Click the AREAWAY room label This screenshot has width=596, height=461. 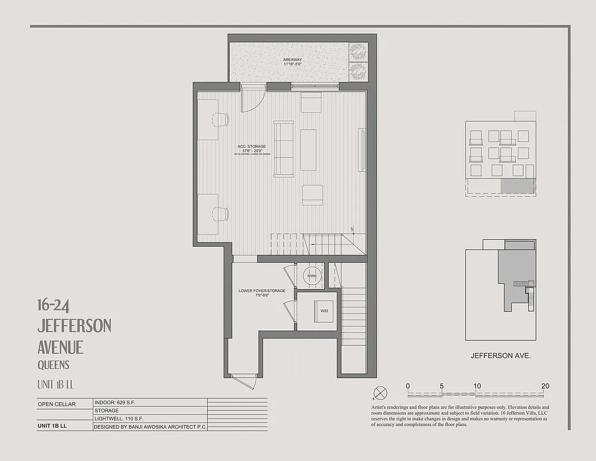tap(293, 60)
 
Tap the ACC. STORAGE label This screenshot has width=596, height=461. tap(252, 147)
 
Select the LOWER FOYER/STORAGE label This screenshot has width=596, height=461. tap(262, 291)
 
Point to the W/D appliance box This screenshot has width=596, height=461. tap(324, 311)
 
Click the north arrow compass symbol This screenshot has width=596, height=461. tap(380, 394)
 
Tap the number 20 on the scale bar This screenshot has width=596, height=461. tap(545, 386)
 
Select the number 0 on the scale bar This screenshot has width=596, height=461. tap(408, 386)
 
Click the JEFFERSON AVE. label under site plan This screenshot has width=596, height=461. tap(500, 356)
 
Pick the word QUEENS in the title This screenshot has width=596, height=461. tap(54, 365)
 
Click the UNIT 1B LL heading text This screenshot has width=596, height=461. tap(56, 384)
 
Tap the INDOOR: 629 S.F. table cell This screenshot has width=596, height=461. tap(116, 403)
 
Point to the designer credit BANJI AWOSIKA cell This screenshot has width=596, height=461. tap(150, 427)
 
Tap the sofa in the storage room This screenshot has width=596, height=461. tap(283, 149)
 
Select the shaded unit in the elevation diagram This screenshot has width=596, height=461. tap(517, 186)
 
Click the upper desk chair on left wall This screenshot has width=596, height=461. tap(221, 119)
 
